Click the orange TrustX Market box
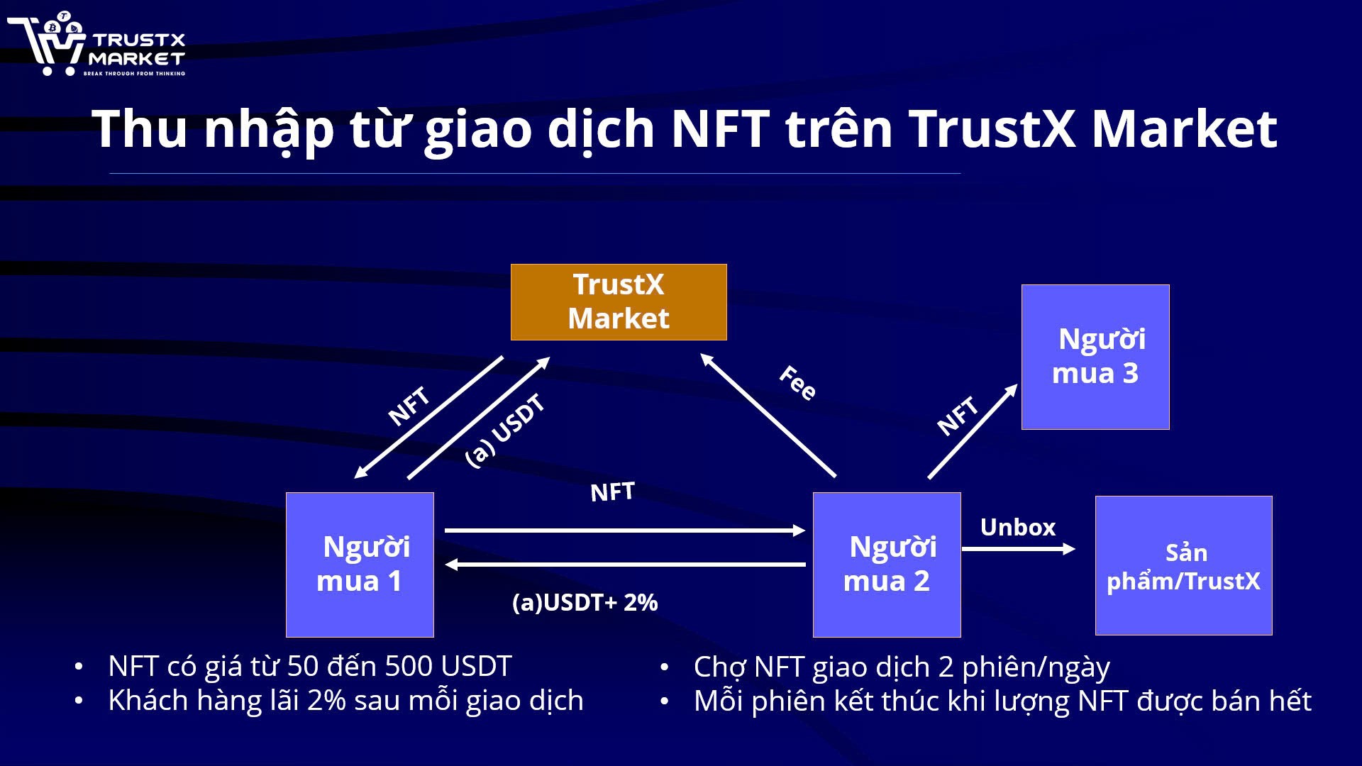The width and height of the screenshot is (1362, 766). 619,302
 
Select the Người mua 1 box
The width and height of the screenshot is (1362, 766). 360,565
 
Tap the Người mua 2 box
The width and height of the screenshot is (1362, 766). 887,565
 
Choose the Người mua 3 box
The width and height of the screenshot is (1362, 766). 1095,357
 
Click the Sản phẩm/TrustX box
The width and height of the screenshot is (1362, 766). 1183,565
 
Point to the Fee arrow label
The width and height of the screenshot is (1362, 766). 797,383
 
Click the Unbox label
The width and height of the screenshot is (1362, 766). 1017,528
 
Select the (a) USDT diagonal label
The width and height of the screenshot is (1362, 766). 505,431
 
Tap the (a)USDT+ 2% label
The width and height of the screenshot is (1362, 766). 585,603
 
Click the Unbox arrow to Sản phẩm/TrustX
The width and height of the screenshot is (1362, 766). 1019,548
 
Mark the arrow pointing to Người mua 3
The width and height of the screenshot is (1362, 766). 973,431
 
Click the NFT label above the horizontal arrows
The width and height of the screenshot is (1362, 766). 612,492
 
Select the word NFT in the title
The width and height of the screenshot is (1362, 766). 720,129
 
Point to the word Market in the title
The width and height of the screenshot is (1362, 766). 1184,129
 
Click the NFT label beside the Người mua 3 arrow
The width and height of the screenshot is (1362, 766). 957,416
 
